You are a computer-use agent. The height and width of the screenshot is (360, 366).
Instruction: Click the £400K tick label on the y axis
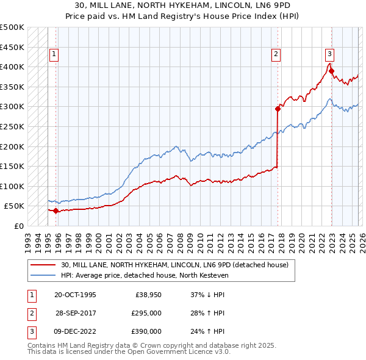click(x=12, y=67)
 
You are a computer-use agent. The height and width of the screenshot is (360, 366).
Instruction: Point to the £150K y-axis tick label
click(x=12, y=166)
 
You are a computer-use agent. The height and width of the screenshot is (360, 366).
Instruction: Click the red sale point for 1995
click(x=56, y=211)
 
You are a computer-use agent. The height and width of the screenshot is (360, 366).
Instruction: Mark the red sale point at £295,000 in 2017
click(x=278, y=109)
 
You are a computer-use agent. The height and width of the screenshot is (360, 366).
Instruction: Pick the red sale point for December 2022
click(x=331, y=71)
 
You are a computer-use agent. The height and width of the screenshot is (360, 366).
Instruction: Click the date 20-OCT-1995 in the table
click(x=75, y=295)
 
